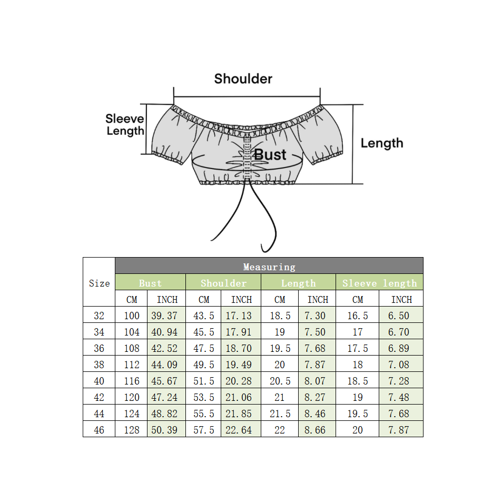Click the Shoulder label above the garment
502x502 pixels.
pos(243,79)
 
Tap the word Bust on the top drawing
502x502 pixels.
pos(270,155)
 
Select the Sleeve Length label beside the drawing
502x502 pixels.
pos(125,125)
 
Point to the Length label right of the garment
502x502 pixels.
pos(381,143)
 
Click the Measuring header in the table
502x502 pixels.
pos(269,267)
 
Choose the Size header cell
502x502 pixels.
pos(99,283)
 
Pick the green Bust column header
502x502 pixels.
pos(150,283)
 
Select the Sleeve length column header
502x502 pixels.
pos(379,283)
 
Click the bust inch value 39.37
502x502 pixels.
pos(164,316)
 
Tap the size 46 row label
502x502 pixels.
pos(99,430)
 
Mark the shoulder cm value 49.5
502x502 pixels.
pos(204,365)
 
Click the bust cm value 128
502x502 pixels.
pos(132,430)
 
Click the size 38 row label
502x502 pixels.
pos(99,365)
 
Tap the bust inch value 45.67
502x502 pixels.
pos(164,381)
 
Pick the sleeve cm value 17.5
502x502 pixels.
pos(358,348)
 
